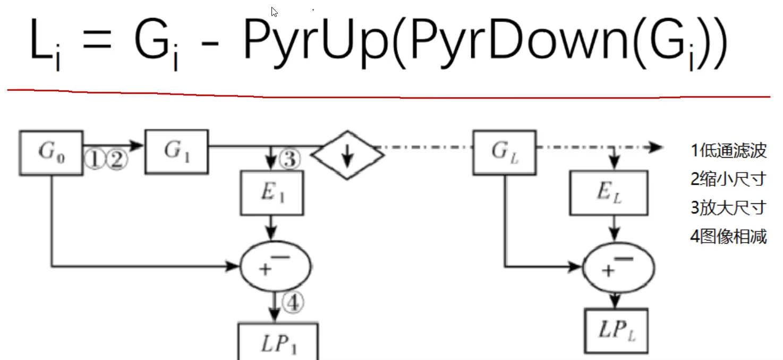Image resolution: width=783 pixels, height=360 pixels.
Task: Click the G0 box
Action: (x=51, y=152)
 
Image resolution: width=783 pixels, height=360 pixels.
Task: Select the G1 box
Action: (x=176, y=152)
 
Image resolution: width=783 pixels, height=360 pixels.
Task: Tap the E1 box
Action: (x=271, y=193)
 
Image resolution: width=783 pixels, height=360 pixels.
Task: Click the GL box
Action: (x=503, y=152)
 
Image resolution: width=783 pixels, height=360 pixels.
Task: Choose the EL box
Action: (x=608, y=193)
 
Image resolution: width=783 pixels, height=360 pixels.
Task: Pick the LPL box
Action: (x=616, y=330)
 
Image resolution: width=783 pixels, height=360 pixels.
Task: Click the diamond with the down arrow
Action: (x=347, y=155)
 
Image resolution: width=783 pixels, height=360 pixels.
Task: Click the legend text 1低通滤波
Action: (x=728, y=151)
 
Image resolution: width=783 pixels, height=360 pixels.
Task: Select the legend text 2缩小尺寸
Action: (x=728, y=179)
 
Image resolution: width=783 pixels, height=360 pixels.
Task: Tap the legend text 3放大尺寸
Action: (x=728, y=208)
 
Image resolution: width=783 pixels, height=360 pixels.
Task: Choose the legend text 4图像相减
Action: (x=728, y=236)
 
